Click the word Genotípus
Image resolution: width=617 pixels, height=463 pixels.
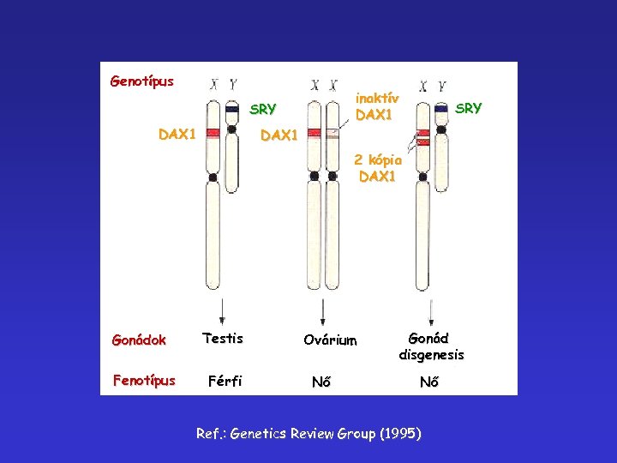click(142, 81)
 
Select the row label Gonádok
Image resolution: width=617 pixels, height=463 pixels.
click(139, 340)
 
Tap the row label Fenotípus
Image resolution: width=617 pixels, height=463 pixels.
click(144, 381)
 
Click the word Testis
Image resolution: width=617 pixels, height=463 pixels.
click(223, 339)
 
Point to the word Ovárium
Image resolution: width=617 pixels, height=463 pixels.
click(330, 340)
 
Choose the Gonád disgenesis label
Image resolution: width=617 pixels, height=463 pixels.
click(430, 346)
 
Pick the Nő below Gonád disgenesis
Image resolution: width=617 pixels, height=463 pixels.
click(429, 382)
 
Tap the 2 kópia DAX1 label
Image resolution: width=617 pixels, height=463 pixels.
click(378, 168)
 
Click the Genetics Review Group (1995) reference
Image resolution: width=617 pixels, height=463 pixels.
click(308, 434)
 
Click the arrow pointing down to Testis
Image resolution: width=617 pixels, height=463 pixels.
click(222, 310)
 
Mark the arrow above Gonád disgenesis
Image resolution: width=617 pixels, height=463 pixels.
click(431, 310)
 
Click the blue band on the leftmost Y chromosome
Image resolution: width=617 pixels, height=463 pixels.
click(232, 109)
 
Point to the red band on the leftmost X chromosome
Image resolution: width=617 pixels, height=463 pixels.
click(212, 133)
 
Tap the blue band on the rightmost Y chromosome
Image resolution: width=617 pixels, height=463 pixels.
click(441, 108)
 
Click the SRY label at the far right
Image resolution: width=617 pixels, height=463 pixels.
click(468, 108)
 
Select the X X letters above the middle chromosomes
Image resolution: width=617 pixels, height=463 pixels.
click(323, 85)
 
